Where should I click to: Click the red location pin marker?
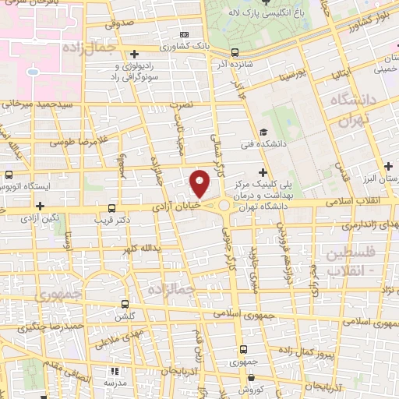click(x=200, y=184)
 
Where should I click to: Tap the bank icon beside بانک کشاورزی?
click(x=184, y=34)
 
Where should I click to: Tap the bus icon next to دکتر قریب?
click(x=112, y=209)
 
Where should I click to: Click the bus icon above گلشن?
click(x=125, y=305)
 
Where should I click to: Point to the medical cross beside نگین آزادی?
click(x=40, y=207)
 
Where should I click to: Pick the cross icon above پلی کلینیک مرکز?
click(x=263, y=171)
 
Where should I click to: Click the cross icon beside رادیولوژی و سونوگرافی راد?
click(x=136, y=55)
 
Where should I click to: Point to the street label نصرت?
click(x=179, y=102)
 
